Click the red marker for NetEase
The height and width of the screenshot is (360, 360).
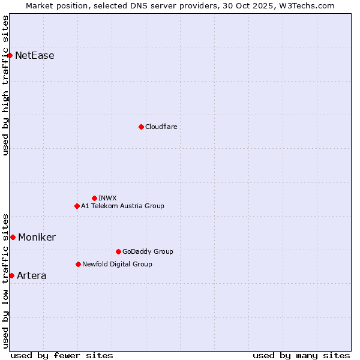tap(10, 56)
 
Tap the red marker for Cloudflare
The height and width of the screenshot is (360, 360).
tap(141, 127)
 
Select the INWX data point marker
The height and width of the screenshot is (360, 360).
tap(94, 198)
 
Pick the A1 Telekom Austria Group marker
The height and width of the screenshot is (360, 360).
tap(77, 206)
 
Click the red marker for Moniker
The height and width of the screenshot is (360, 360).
tap(13, 237)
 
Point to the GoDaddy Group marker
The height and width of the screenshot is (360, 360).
tap(118, 251)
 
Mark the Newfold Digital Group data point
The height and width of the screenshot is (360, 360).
tap(78, 264)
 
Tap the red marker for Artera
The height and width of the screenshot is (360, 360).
tap(11, 275)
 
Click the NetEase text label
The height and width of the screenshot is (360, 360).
tap(35, 56)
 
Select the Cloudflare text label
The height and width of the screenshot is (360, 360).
tap(161, 127)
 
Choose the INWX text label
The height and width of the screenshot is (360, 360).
tap(108, 198)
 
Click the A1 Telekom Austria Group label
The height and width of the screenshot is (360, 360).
tap(122, 206)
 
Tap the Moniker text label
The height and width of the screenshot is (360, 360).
tap(37, 237)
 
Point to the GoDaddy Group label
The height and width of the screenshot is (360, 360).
tap(148, 251)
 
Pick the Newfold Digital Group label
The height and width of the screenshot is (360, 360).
tap(117, 264)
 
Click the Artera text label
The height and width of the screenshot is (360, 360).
tap(31, 275)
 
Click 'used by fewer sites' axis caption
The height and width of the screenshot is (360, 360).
tap(62, 355)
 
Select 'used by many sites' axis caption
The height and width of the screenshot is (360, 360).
tap(301, 355)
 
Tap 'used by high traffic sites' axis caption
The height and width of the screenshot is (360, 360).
tap(5, 85)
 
